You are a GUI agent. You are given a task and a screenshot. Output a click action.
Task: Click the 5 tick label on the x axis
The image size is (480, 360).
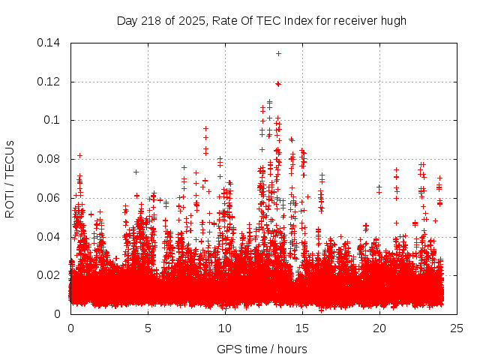pos(148,328)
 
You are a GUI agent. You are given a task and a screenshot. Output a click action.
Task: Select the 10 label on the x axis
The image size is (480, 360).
pos(226,328)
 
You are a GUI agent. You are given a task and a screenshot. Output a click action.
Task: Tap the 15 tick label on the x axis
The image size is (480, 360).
pos(303,328)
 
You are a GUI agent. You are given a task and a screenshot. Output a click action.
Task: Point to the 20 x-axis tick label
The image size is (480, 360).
pos(380,328)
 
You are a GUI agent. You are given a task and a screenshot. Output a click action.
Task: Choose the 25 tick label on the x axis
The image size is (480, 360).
pos(457,328)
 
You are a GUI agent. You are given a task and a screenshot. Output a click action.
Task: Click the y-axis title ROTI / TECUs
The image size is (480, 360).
pos(10,178)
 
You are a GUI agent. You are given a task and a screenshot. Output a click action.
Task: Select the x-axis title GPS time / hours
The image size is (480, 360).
pos(262,349)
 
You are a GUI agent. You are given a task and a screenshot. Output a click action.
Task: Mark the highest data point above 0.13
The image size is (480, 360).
pos(278,53)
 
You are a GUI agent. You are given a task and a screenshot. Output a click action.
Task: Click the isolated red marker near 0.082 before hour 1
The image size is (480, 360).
pos(79,155)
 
